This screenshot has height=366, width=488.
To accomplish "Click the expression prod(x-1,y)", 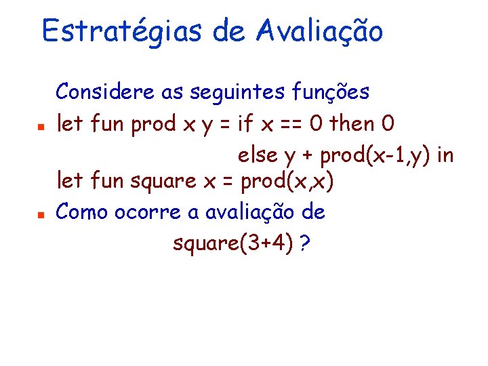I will (x=375, y=156).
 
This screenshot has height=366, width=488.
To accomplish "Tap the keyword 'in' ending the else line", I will (x=446, y=155).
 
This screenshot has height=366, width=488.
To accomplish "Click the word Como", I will (x=82, y=212).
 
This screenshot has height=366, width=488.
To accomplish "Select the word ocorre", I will (x=147, y=213).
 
